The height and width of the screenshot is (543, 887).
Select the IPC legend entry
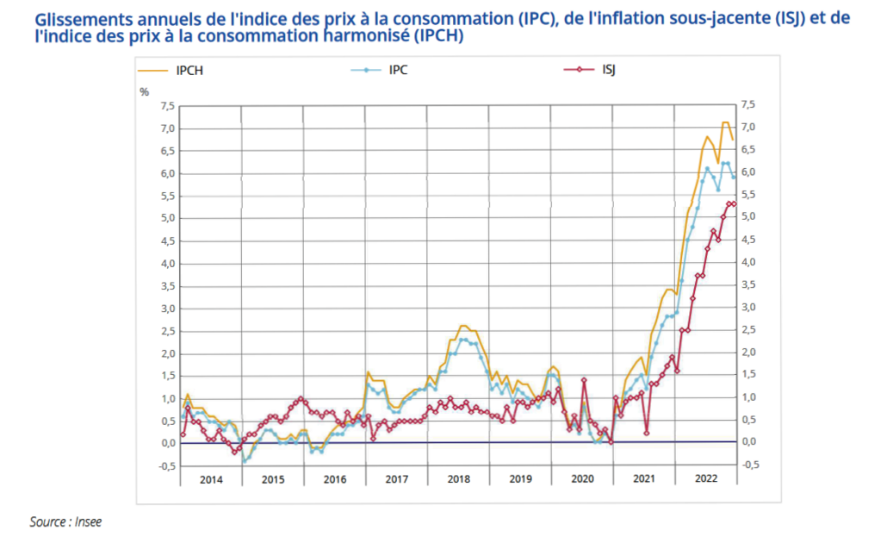(398, 71)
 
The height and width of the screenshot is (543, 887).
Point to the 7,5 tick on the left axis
(165, 107)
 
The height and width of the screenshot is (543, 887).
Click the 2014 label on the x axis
(211, 479)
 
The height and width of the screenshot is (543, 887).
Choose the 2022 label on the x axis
(705, 479)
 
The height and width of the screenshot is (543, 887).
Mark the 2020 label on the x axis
(582, 479)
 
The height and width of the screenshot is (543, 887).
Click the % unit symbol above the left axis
(145, 91)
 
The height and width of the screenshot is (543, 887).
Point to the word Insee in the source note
(86, 521)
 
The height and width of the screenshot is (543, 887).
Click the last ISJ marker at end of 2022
(733, 203)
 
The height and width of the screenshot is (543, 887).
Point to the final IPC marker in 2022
(733, 177)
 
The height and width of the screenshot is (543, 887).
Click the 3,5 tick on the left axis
(165, 286)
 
